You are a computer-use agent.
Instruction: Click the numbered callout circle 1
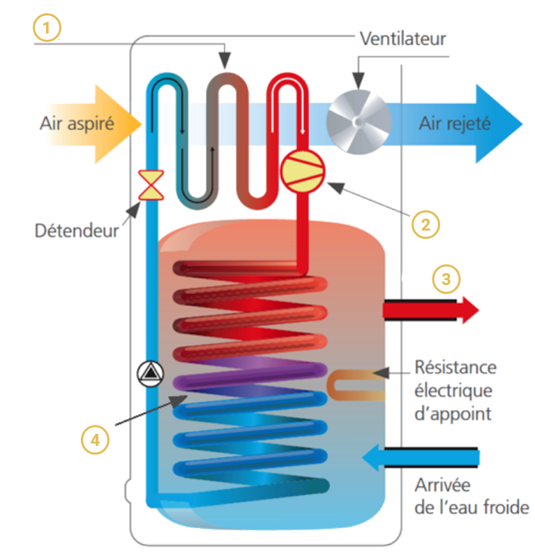[x=47, y=29]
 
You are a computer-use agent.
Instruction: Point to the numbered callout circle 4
[x=95, y=441]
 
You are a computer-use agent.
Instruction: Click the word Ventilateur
[x=402, y=38]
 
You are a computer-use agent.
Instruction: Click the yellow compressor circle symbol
[x=303, y=170]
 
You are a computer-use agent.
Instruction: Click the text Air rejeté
[x=455, y=124]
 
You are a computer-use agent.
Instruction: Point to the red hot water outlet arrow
[x=431, y=309]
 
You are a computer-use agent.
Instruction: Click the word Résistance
[x=455, y=367]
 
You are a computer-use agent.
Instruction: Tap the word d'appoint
[x=453, y=414]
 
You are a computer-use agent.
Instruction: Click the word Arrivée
[x=443, y=484]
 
